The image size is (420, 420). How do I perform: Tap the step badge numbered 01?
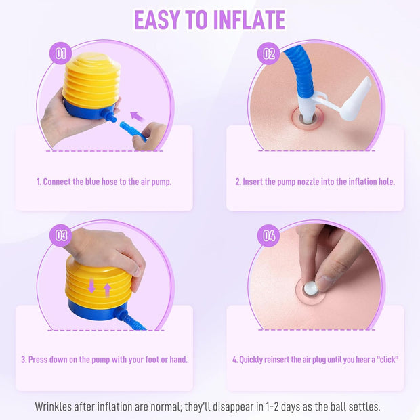[x=61, y=54]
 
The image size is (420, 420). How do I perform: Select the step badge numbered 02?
[x=269, y=54]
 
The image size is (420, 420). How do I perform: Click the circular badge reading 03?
[x=61, y=236]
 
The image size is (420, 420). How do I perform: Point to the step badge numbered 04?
[x=269, y=236]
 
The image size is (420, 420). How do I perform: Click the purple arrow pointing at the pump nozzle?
[x=138, y=117]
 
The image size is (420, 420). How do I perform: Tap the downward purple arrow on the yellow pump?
[x=91, y=286]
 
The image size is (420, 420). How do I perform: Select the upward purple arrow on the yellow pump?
[x=107, y=290]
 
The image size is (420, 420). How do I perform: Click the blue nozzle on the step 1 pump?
[x=109, y=116]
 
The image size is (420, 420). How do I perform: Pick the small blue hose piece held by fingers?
[x=133, y=131]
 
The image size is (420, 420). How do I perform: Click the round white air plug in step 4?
[x=311, y=288]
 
